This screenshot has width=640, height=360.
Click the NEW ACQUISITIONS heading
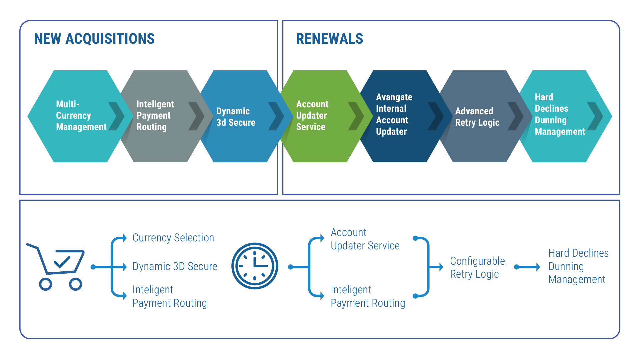click(94, 39)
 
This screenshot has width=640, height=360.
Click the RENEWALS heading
click(329, 39)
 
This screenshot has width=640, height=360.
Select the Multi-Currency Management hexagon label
click(81, 115)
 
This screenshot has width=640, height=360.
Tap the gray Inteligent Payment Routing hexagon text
click(155, 115)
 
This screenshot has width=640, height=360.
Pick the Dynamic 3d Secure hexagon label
click(236, 117)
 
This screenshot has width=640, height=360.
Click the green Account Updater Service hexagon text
click(312, 115)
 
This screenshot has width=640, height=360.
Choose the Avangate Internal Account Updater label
click(394, 114)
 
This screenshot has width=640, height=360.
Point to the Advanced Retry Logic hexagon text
click(477, 117)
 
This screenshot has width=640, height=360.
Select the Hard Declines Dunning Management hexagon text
click(560, 114)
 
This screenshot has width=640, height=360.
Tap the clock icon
click(255, 266)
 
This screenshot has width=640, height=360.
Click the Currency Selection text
click(173, 238)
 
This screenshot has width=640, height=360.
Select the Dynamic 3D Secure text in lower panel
click(175, 266)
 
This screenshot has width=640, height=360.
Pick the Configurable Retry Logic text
click(477, 267)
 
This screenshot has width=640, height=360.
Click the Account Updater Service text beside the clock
click(365, 239)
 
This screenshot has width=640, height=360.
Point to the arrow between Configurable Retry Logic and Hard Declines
click(527, 267)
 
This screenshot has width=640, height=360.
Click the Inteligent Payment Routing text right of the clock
click(368, 296)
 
